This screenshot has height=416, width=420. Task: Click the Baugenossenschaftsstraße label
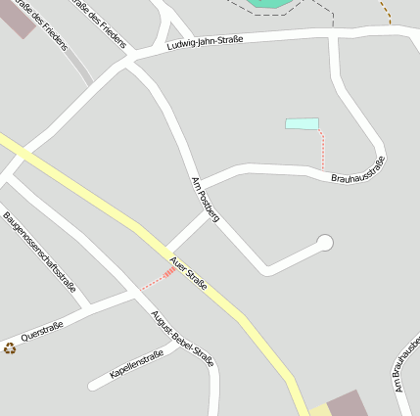pos(39,252)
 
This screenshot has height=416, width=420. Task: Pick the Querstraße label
pos(42,330)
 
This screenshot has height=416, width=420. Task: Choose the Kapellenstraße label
pos(136,365)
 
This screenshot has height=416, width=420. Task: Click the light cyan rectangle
pos(302,123)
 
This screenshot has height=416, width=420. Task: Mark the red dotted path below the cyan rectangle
pos(322,150)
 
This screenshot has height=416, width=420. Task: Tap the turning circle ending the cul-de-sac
pos(325,243)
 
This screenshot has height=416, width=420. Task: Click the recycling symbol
pos(10,347)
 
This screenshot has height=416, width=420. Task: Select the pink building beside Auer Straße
pos(346,404)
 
